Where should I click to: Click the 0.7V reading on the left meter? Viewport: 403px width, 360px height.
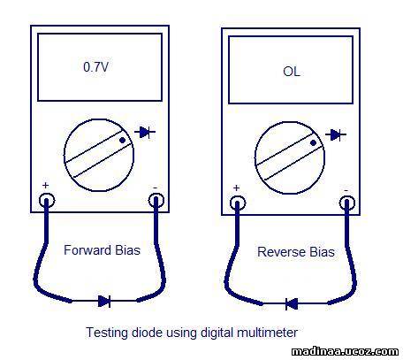[x=95, y=67]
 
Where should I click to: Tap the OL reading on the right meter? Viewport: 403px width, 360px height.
[x=292, y=72]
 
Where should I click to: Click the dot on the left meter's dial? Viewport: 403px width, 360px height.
[x=122, y=141]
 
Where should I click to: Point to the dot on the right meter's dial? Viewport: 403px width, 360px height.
[x=314, y=143]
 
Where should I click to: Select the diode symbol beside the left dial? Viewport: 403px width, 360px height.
[x=145, y=133]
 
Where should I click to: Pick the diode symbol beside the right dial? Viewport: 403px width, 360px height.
[x=336, y=135]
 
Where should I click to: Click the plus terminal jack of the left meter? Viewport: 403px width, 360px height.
[x=47, y=201]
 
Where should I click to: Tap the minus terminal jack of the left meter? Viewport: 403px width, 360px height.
[x=156, y=201]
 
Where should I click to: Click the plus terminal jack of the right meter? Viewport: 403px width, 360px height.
[x=238, y=203]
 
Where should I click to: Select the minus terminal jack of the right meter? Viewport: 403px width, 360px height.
[x=347, y=203]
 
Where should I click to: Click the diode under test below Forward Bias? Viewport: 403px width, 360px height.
[x=104, y=301]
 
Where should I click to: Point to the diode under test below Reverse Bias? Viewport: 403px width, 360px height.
[x=292, y=303]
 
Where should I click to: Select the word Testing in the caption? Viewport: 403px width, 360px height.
[x=107, y=333]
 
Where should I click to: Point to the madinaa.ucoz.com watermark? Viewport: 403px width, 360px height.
[x=345, y=351]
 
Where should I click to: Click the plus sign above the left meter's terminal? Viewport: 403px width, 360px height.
[x=45, y=185]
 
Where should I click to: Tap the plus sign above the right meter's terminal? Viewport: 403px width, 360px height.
[x=236, y=188]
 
